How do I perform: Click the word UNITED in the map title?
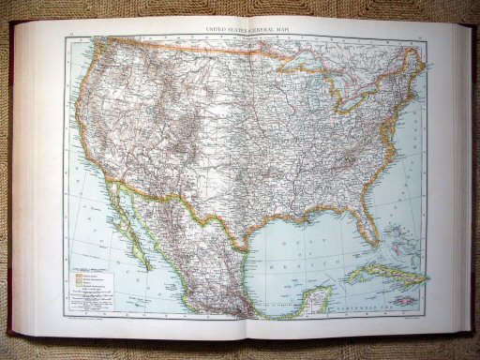(x=204, y=29)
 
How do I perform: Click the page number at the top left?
(x=70, y=36)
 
